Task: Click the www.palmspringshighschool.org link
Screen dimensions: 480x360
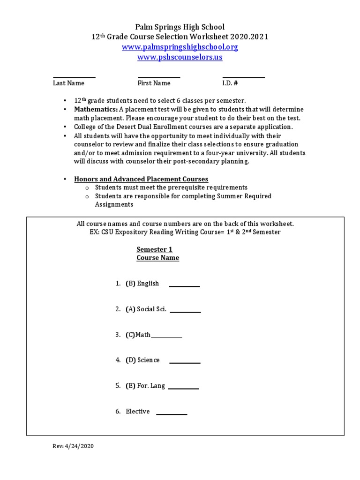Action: (180, 47)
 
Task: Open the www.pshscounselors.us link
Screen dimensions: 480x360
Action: (180, 57)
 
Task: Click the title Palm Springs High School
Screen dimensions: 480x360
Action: (180, 27)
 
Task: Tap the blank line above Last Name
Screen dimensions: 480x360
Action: (74, 77)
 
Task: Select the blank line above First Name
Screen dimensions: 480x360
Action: (158, 77)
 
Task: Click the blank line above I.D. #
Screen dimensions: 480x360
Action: (243, 77)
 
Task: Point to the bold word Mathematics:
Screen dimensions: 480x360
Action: (95, 109)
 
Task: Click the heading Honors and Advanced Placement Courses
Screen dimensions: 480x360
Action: (141, 179)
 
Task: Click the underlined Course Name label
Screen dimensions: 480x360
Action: (157, 258)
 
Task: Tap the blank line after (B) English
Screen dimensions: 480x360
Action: (184, 286)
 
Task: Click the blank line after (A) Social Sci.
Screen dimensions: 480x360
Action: (185, 312)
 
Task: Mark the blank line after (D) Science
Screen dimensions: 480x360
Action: (185, 363)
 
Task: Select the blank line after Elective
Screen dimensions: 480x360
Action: (172, 414)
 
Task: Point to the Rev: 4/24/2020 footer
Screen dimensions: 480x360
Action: (73, 447)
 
